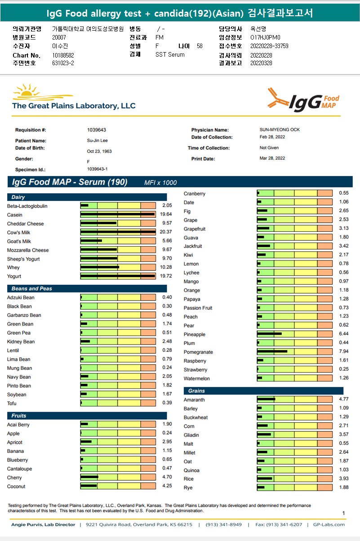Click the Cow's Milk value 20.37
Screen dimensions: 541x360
point(165,232)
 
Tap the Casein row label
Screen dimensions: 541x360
point(15,215)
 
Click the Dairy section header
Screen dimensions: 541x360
point(19,197)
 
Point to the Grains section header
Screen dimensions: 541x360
point(196,391)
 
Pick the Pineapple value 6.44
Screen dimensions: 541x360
point(343,334)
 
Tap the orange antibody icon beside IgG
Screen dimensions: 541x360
point(278,97)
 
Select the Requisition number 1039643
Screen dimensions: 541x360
point(97,130)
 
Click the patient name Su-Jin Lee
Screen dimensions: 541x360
point(97,141)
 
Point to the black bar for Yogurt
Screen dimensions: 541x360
point(118,276)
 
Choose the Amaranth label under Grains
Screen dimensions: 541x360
point(194,400)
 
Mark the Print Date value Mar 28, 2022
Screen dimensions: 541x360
point(272,158)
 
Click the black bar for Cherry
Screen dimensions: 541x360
point(89,478)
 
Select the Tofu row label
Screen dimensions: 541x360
point(12,403)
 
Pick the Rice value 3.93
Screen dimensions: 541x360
point(343,479)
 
